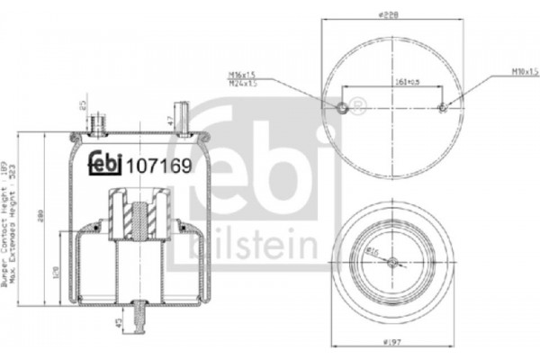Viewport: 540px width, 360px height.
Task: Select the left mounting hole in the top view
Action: [343, 109]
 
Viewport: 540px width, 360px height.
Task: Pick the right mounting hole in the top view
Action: [443, 109]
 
